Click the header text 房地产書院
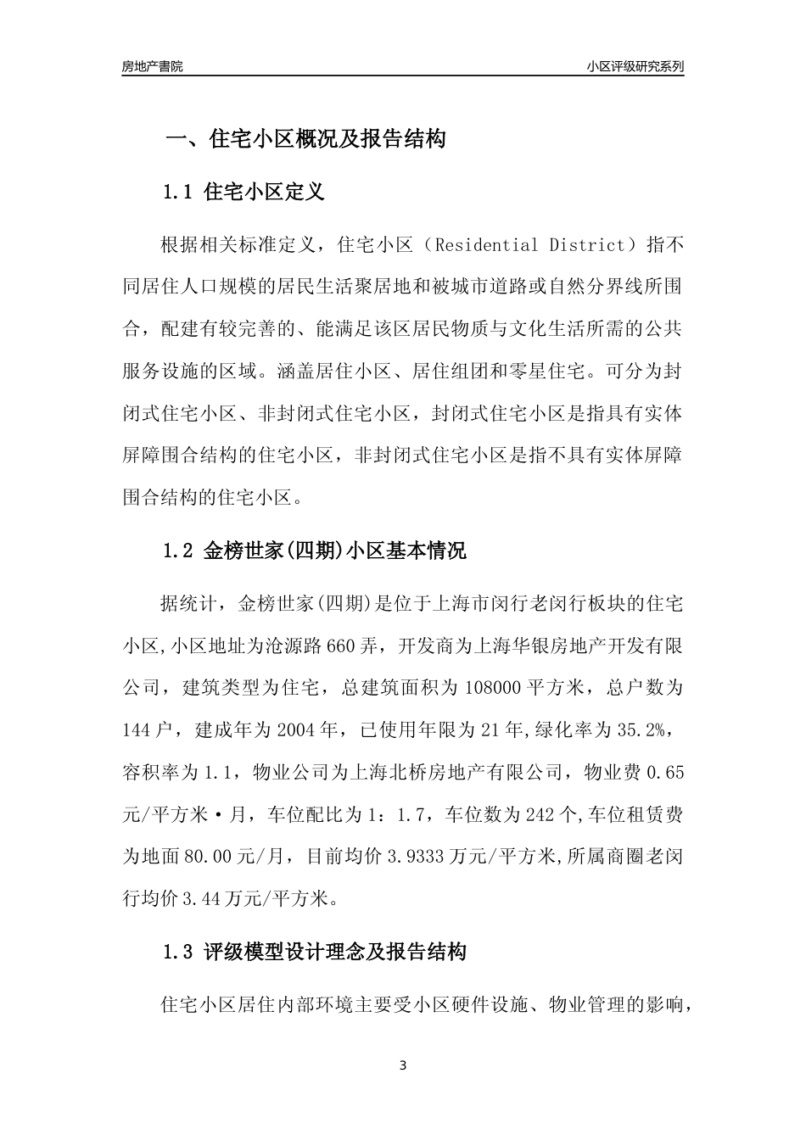tap(152, 66)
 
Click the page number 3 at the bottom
tap(403, 1065)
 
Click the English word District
tap(585, 245)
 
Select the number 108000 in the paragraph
tap(493, 687)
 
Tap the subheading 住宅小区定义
tap(265, 193)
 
